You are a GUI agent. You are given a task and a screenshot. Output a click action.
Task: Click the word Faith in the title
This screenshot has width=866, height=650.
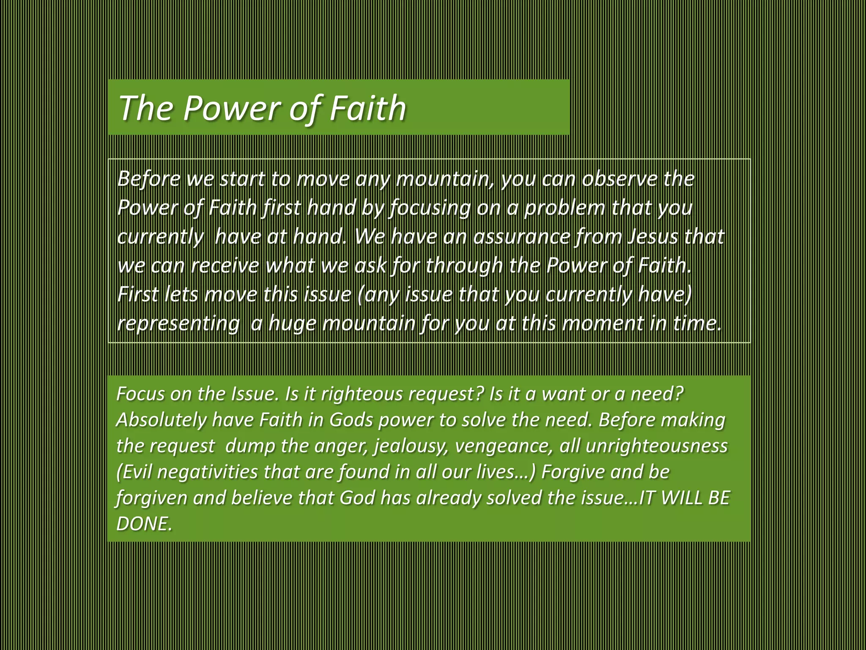pos(367,107)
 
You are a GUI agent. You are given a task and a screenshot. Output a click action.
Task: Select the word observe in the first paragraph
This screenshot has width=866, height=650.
pos(619,179)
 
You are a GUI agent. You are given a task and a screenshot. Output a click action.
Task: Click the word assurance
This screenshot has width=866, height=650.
pos(522,236)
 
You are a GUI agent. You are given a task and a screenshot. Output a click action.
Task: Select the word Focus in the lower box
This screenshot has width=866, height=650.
pos(140,394)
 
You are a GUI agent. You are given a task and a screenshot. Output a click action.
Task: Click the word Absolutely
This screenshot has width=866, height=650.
pos(162,420)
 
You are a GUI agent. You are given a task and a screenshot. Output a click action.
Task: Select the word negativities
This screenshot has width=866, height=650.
pos(207,472)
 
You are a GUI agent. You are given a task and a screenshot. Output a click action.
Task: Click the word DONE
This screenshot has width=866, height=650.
pos(144,524)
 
